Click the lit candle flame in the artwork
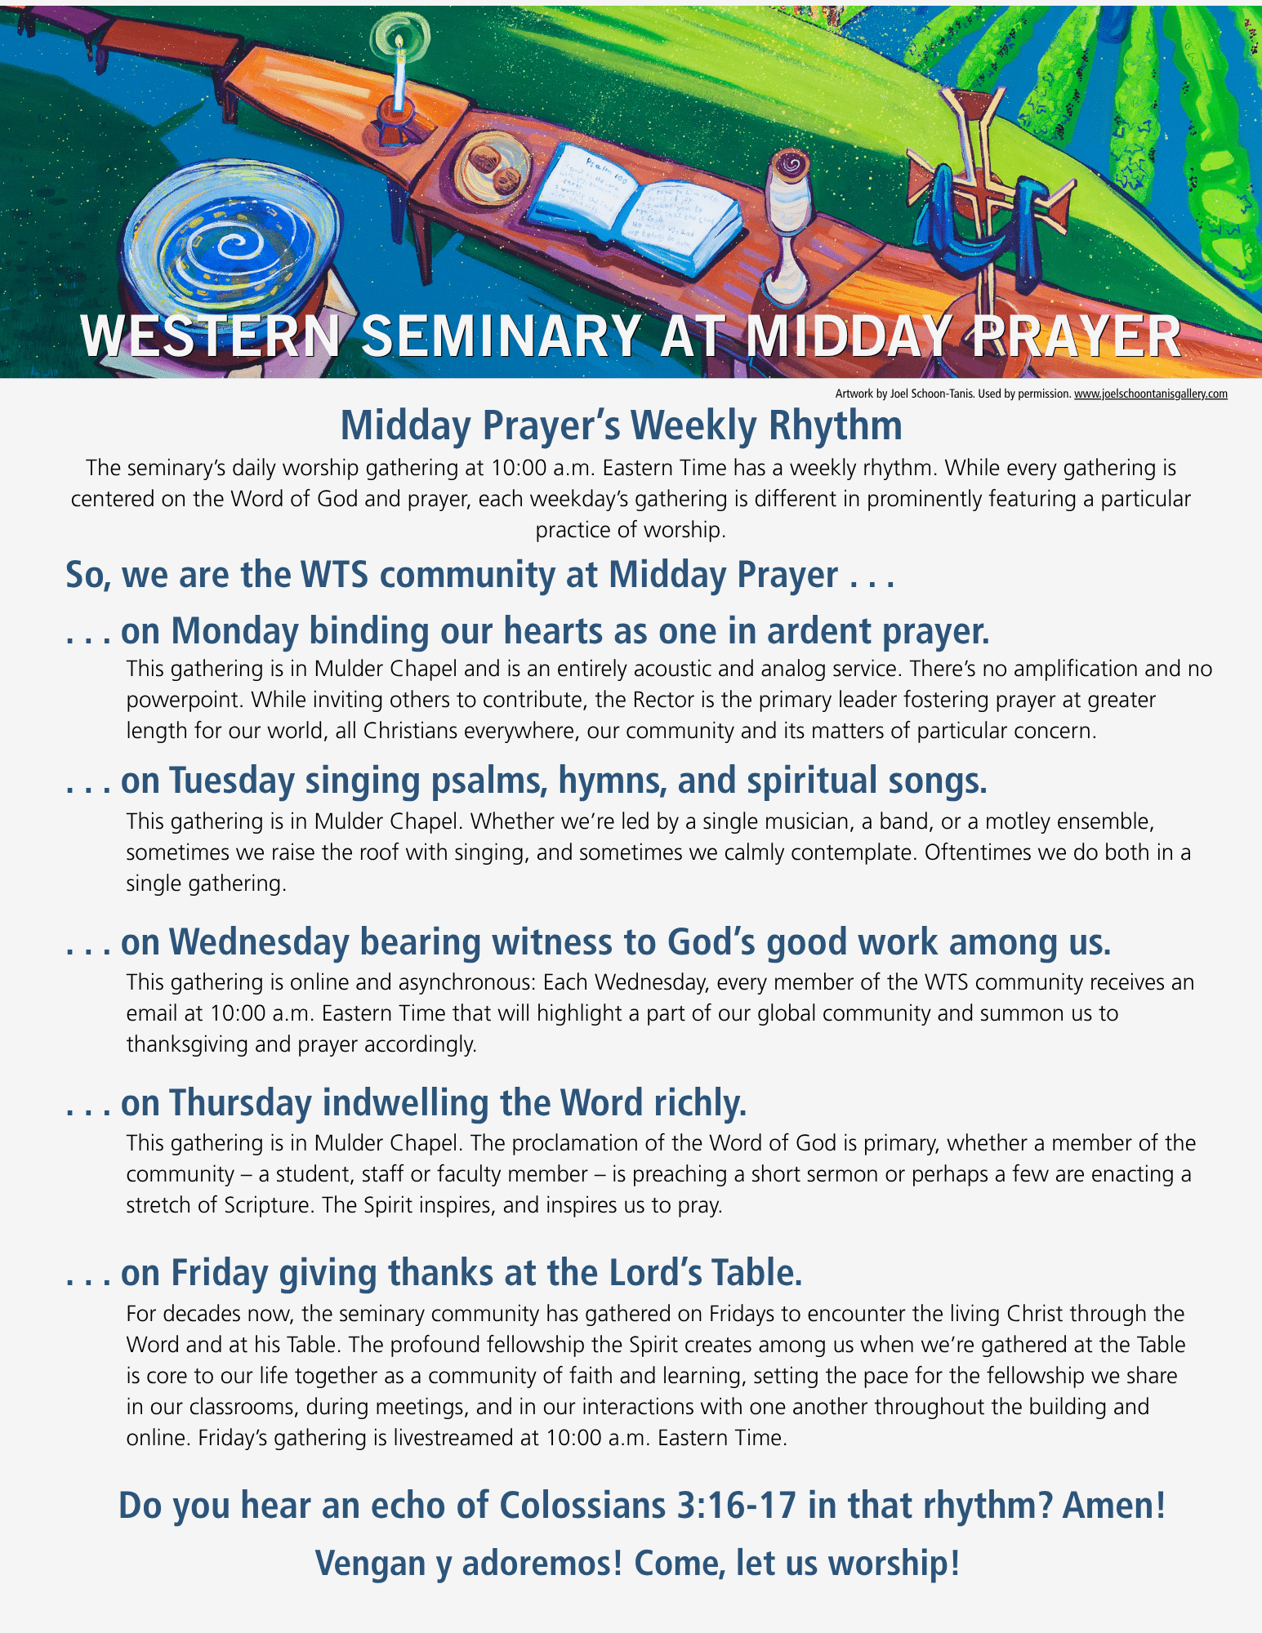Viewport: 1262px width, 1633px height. [x=399, y=41]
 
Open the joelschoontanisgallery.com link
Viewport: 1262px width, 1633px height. [x=1150, y=394]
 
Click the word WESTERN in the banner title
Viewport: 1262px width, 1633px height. [x=210, y=336]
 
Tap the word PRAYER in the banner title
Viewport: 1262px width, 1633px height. [x=1076, y=336]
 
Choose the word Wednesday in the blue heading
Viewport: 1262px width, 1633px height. [x=259, y=941]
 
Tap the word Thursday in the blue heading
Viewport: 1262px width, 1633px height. [x=241, y=1102]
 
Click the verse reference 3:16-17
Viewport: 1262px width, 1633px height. [x=737, y=1505]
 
